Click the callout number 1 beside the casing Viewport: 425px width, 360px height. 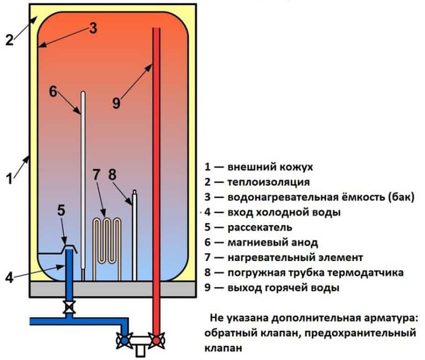(8, 179)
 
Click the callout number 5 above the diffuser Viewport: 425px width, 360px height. (61, 210)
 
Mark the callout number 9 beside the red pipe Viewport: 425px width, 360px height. (116, 103)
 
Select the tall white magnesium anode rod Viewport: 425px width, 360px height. (83, 182)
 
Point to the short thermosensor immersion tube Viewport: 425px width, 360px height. (134, 235)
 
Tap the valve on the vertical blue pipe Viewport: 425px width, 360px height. (69, 306)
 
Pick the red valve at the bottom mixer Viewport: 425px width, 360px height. (158, 340)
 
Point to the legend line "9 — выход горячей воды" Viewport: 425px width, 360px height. (275, 288)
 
